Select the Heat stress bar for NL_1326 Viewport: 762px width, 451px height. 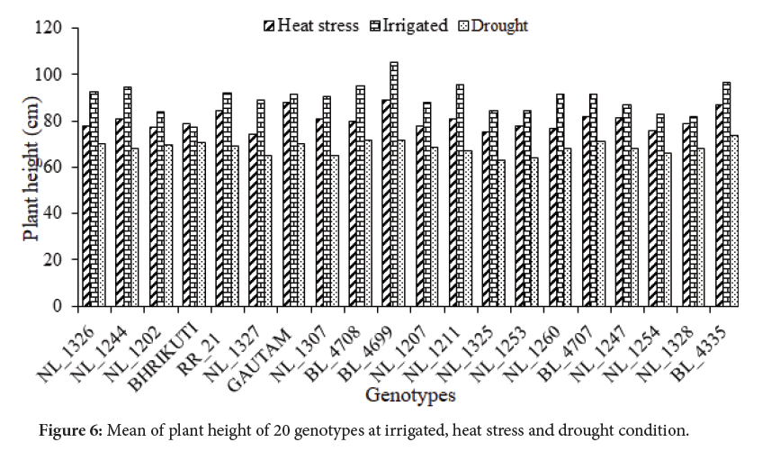point(86,216)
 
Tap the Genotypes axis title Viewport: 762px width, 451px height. point(410,395)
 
